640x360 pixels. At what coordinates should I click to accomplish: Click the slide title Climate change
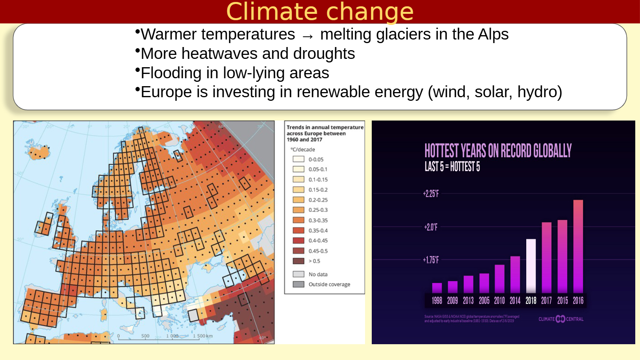pyautogui.click(x=320, y=11)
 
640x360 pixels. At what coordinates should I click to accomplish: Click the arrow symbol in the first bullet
pyautogui.click(x=307, y=36)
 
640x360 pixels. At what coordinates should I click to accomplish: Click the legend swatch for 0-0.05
pyautogui.click(x=298, y=159)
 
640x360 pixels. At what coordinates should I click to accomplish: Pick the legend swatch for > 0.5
pyautogui.click(x=298, y=261)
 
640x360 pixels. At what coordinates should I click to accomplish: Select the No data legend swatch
pyautogui.click(x=298, y=274)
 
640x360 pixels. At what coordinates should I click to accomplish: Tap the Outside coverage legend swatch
pyautogui.click(x=298, y=284)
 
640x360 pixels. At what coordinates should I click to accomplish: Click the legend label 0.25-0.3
pyautogui.click(x=318, y=210)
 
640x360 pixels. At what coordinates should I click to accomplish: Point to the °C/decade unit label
pyautogui.click(x=303, y=149)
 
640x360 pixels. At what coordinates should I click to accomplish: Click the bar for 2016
pyautogui.click(x=578, y=246)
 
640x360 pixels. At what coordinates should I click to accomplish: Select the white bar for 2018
pyautogui.click(x=531, y=266)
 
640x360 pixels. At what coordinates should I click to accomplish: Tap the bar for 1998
pyautogui.click(x=437, y=288)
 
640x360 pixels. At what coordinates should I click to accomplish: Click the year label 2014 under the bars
pyautogui.click(x=515, y=301)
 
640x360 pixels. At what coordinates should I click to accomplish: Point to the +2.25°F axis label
pyautogui.click(x=431, y=194)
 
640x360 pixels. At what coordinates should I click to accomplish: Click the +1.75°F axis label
pyautogui.click(x=431, y=260)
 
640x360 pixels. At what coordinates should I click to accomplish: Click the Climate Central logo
pyautogui.click(x=561, y=319)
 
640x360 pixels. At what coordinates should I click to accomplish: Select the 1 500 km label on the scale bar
pyautogui.click(x=203, y=336)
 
